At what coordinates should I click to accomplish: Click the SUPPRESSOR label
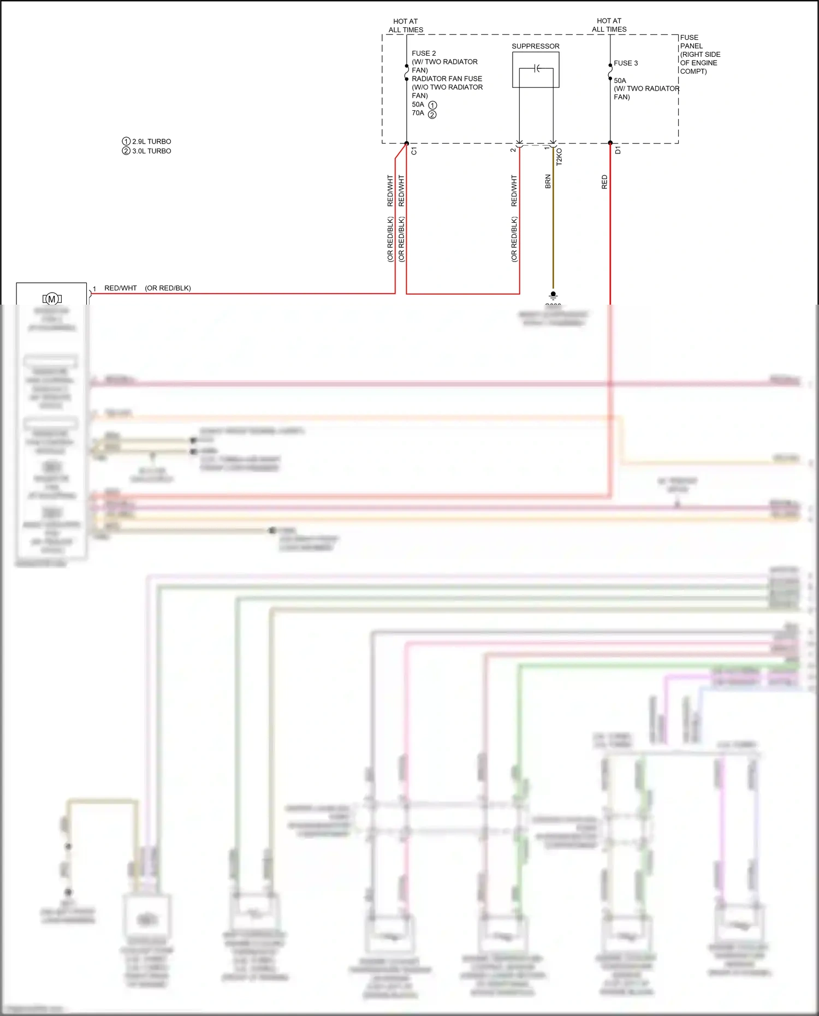535,46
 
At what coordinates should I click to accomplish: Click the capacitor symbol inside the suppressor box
537,68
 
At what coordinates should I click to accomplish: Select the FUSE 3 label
625,63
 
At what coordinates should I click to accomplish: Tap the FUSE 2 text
424,54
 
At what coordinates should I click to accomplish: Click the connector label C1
414,151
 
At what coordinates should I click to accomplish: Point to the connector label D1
618,150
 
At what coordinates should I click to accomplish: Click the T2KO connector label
559,157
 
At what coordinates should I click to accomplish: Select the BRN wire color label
548,182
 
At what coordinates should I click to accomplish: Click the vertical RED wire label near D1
604,182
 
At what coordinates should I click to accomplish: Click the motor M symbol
52,299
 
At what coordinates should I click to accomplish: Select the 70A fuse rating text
418,113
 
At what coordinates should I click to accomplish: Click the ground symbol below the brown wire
553,295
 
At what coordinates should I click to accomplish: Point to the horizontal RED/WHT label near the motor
121,288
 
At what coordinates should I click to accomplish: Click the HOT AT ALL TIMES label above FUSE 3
609,25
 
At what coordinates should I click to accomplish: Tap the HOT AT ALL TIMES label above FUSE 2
406,26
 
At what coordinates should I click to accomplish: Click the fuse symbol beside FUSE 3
610,72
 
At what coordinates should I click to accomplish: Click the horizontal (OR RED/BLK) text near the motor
168,288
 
